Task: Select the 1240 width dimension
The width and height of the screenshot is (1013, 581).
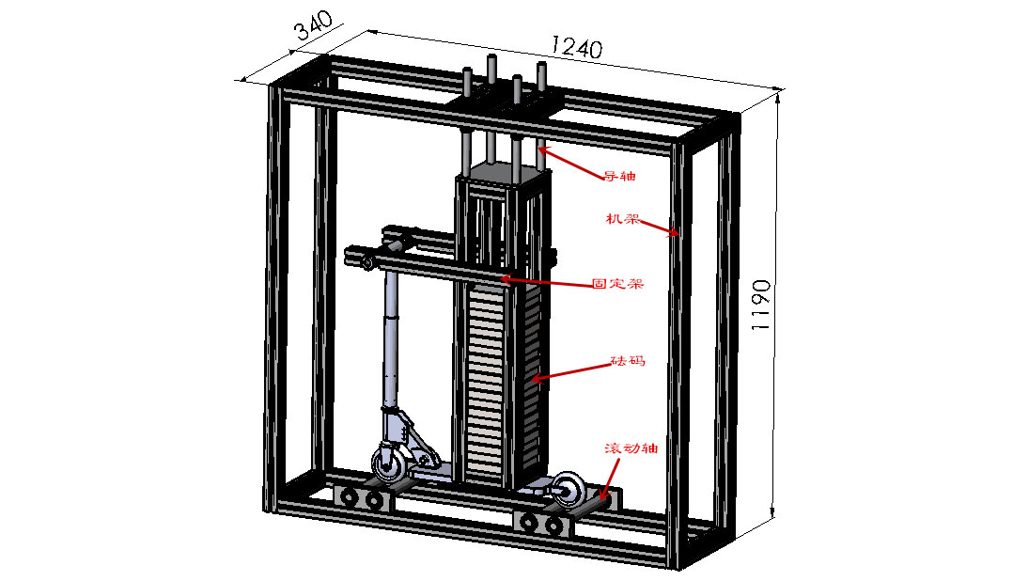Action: coord(576,44)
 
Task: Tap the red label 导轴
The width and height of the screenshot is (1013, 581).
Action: coord(616,175)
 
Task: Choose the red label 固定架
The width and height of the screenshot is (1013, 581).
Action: coord(617,282)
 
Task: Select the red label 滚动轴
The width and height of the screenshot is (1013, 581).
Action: coord(631,448)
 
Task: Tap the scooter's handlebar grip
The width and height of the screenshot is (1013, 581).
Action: coord(366,261)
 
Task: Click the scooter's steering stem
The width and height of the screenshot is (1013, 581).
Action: coord(391,348)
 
